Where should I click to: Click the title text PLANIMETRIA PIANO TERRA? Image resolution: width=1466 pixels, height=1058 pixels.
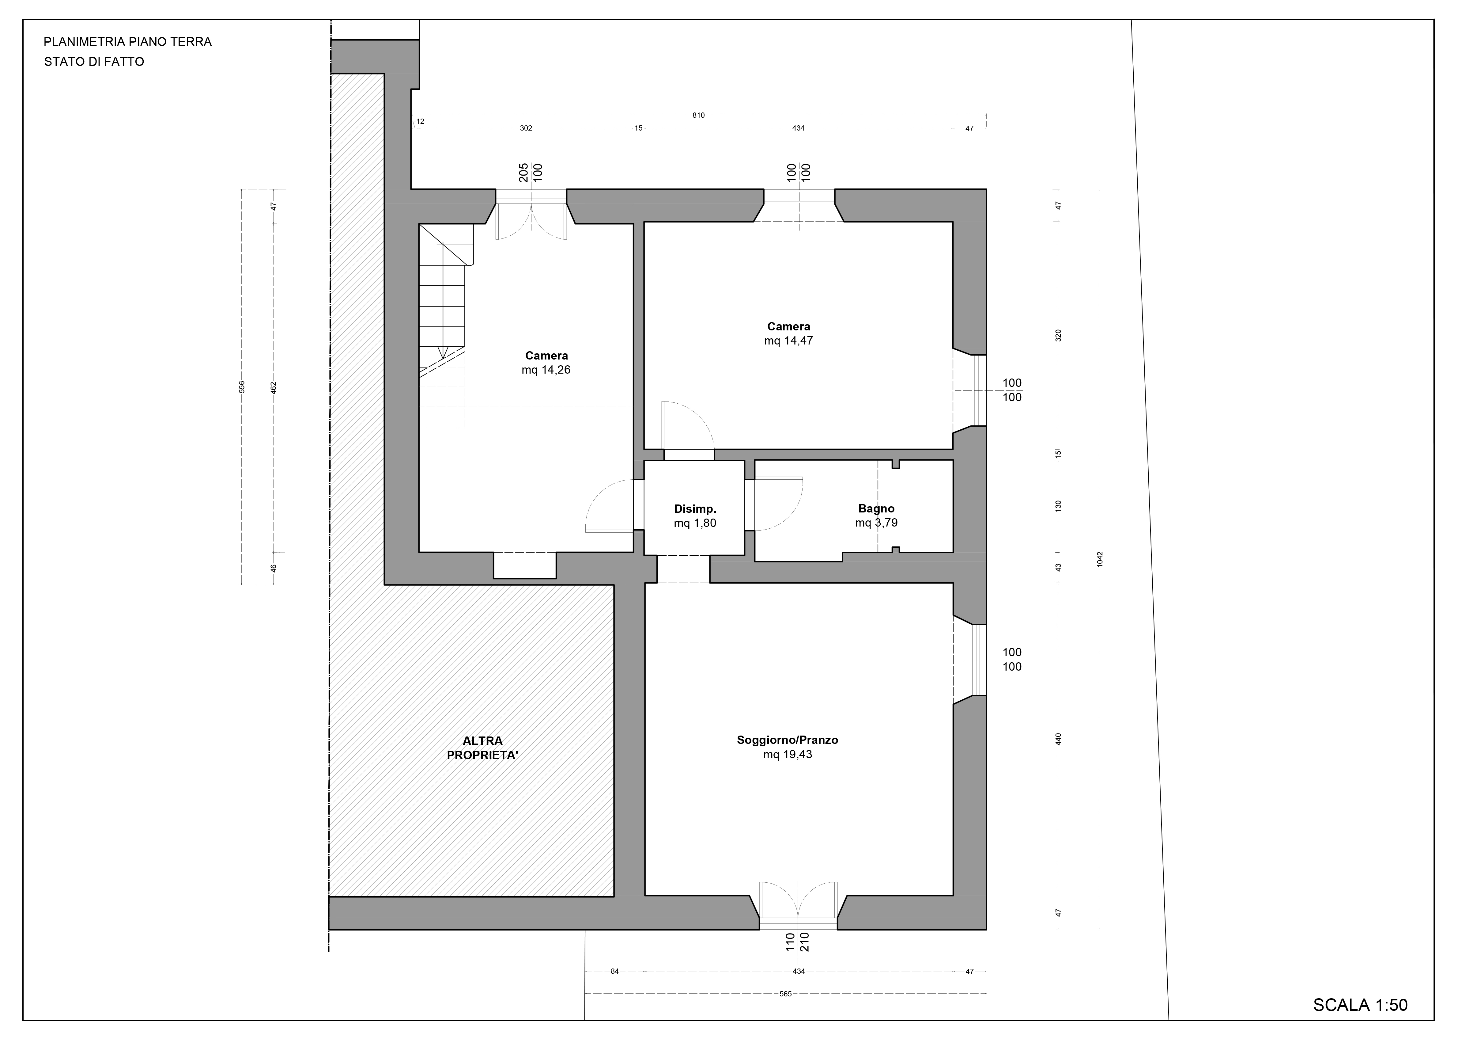point(127,42)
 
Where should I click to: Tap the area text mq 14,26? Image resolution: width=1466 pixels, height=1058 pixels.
point(546,370)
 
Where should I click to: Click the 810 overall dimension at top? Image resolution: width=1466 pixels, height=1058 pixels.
point(698,115)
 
